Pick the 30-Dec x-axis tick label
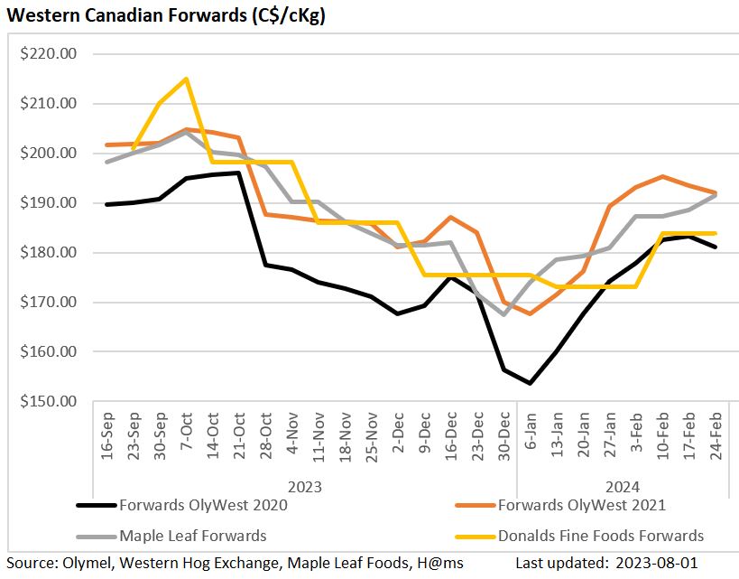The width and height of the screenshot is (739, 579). pyautogui.click(x=503, y=439)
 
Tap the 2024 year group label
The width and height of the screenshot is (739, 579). pyautogui.click(x=621, y=487)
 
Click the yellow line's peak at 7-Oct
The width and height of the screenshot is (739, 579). pyautogui.click(x=186, y=79)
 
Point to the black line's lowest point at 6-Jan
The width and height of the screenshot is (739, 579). pyautogui.click(x=530, y=383)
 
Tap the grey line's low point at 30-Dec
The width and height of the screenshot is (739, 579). pyautogui.click(x=503, y=314)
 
